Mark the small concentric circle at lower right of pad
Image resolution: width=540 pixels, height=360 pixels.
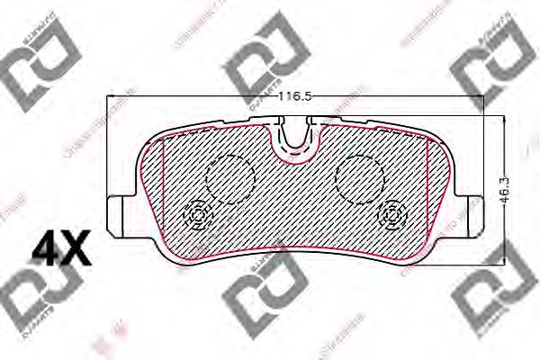(x=393, y=216)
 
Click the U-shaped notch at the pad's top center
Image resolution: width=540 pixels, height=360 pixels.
(x=295, y=139)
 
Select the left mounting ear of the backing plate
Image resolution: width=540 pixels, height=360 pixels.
(x=119, y=214)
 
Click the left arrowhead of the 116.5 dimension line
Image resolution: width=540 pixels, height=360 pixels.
(x=111, y=103)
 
